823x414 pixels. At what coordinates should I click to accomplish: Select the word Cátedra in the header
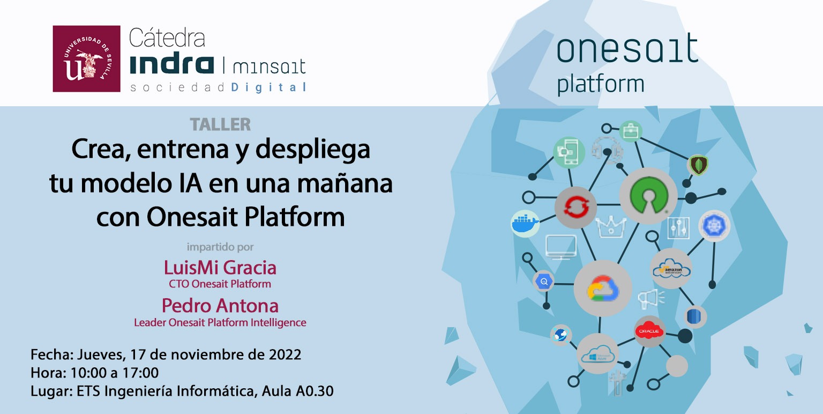pyautogui.click(x=167, y=39)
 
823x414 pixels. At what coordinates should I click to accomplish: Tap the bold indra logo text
pyautogui.click(x=172, y=64)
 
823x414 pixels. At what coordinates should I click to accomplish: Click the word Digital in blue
pyautogui.click(x=269, y=87)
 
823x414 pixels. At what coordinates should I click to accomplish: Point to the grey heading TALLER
pyautogui.click(x=220, y=124)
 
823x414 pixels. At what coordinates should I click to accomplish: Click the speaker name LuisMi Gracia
pyautogui.click(x=220, y=267)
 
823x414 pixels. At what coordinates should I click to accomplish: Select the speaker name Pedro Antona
pyautogui.click(x=220, y=306)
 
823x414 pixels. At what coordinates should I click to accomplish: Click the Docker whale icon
pyautogui.click(x=525, y=223)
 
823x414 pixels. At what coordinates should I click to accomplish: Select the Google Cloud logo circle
pyautogui.click(x=603, y=289)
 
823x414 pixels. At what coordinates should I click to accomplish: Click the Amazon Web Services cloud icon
pyautogui.click(x=671, y=269)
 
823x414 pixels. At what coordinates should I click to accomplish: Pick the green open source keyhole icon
pyautogui.click(x=648, y=195)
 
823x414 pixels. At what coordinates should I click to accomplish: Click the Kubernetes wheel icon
pyautogui.click(x=714, y=225)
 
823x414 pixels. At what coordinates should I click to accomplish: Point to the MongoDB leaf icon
pyautogui.click(x=698, y=164)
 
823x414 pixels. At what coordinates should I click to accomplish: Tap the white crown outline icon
pyautogui.click(x=611, y=226)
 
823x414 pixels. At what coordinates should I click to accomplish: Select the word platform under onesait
pyautogui.click(x=601, y=85)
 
